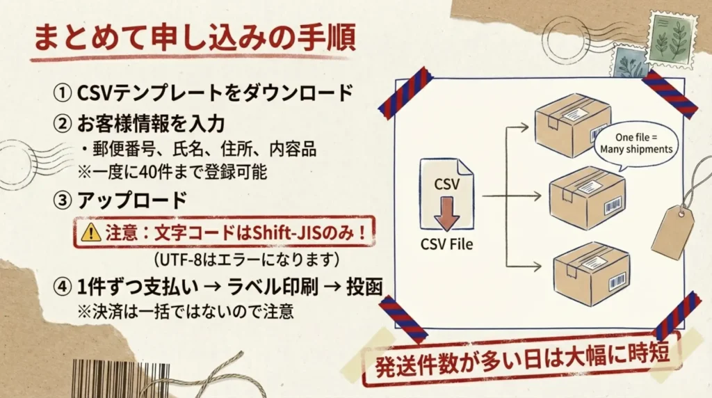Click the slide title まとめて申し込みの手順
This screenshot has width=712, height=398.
point(195,38)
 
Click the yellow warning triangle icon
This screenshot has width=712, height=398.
point(90,233)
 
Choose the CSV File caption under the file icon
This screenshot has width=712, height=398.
point(446,244)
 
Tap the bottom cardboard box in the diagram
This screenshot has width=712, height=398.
point(592,273)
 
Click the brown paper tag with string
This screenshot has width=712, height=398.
point(672,230)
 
